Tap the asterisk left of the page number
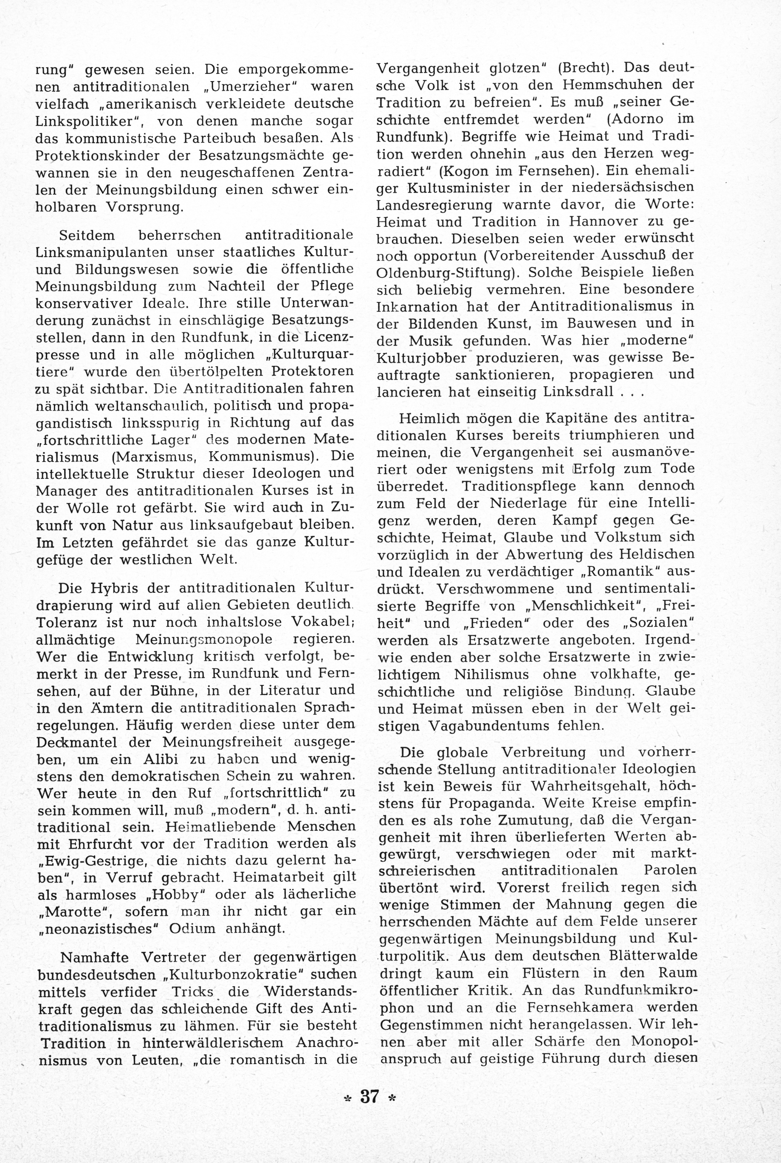click(x=347, y=1098)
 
